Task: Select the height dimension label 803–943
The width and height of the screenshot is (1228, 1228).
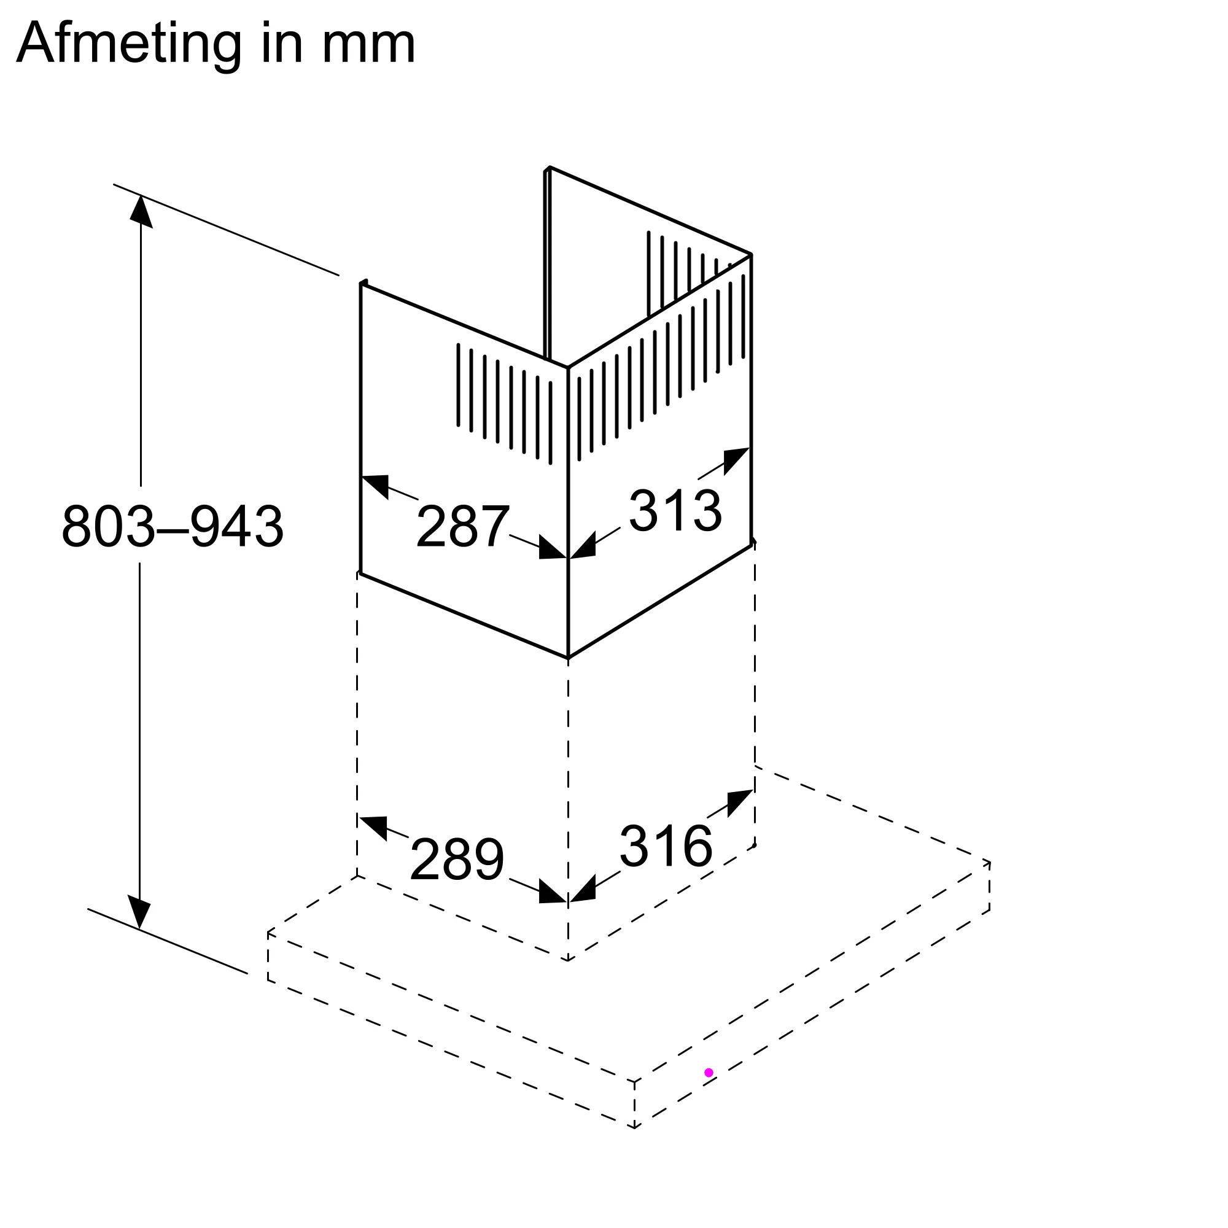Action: click(173, 526)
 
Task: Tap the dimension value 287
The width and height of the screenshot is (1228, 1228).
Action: click(462, 526)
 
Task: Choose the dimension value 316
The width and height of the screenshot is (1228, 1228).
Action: click(666, 846)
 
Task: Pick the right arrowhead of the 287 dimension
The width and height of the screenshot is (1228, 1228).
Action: click(553, 548)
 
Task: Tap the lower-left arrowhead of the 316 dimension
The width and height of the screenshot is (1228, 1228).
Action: click(583, 889)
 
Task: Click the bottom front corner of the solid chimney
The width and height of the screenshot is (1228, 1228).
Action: click(567, 658)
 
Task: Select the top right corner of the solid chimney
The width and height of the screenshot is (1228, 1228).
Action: click(751, 255)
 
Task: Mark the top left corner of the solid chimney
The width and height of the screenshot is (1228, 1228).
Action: click(361, 284)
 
